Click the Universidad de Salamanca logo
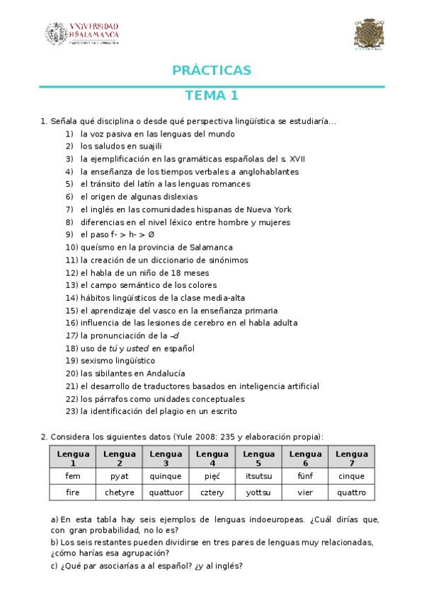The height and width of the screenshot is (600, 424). [82, 33]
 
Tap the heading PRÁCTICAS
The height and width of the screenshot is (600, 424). [212, 70]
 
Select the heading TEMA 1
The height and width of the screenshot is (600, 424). [212, 96]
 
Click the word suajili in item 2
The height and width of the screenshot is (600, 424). [147, 146]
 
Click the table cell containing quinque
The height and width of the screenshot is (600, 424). [166, 476]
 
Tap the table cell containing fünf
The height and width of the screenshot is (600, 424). [305, 476]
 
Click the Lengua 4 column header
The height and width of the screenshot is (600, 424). [212, 458]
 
